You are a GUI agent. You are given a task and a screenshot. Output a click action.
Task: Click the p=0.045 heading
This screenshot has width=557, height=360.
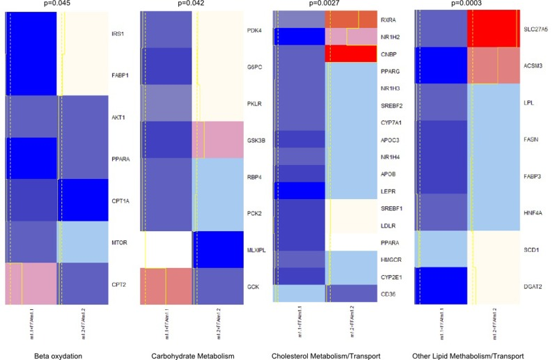pos(56,3)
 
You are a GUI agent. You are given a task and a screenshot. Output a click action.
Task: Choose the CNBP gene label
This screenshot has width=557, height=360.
pos(389,53)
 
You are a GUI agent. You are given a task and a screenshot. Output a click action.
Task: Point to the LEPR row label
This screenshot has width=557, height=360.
pos(388,189)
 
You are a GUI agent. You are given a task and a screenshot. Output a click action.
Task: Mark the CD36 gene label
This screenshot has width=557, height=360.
pos(388,292)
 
